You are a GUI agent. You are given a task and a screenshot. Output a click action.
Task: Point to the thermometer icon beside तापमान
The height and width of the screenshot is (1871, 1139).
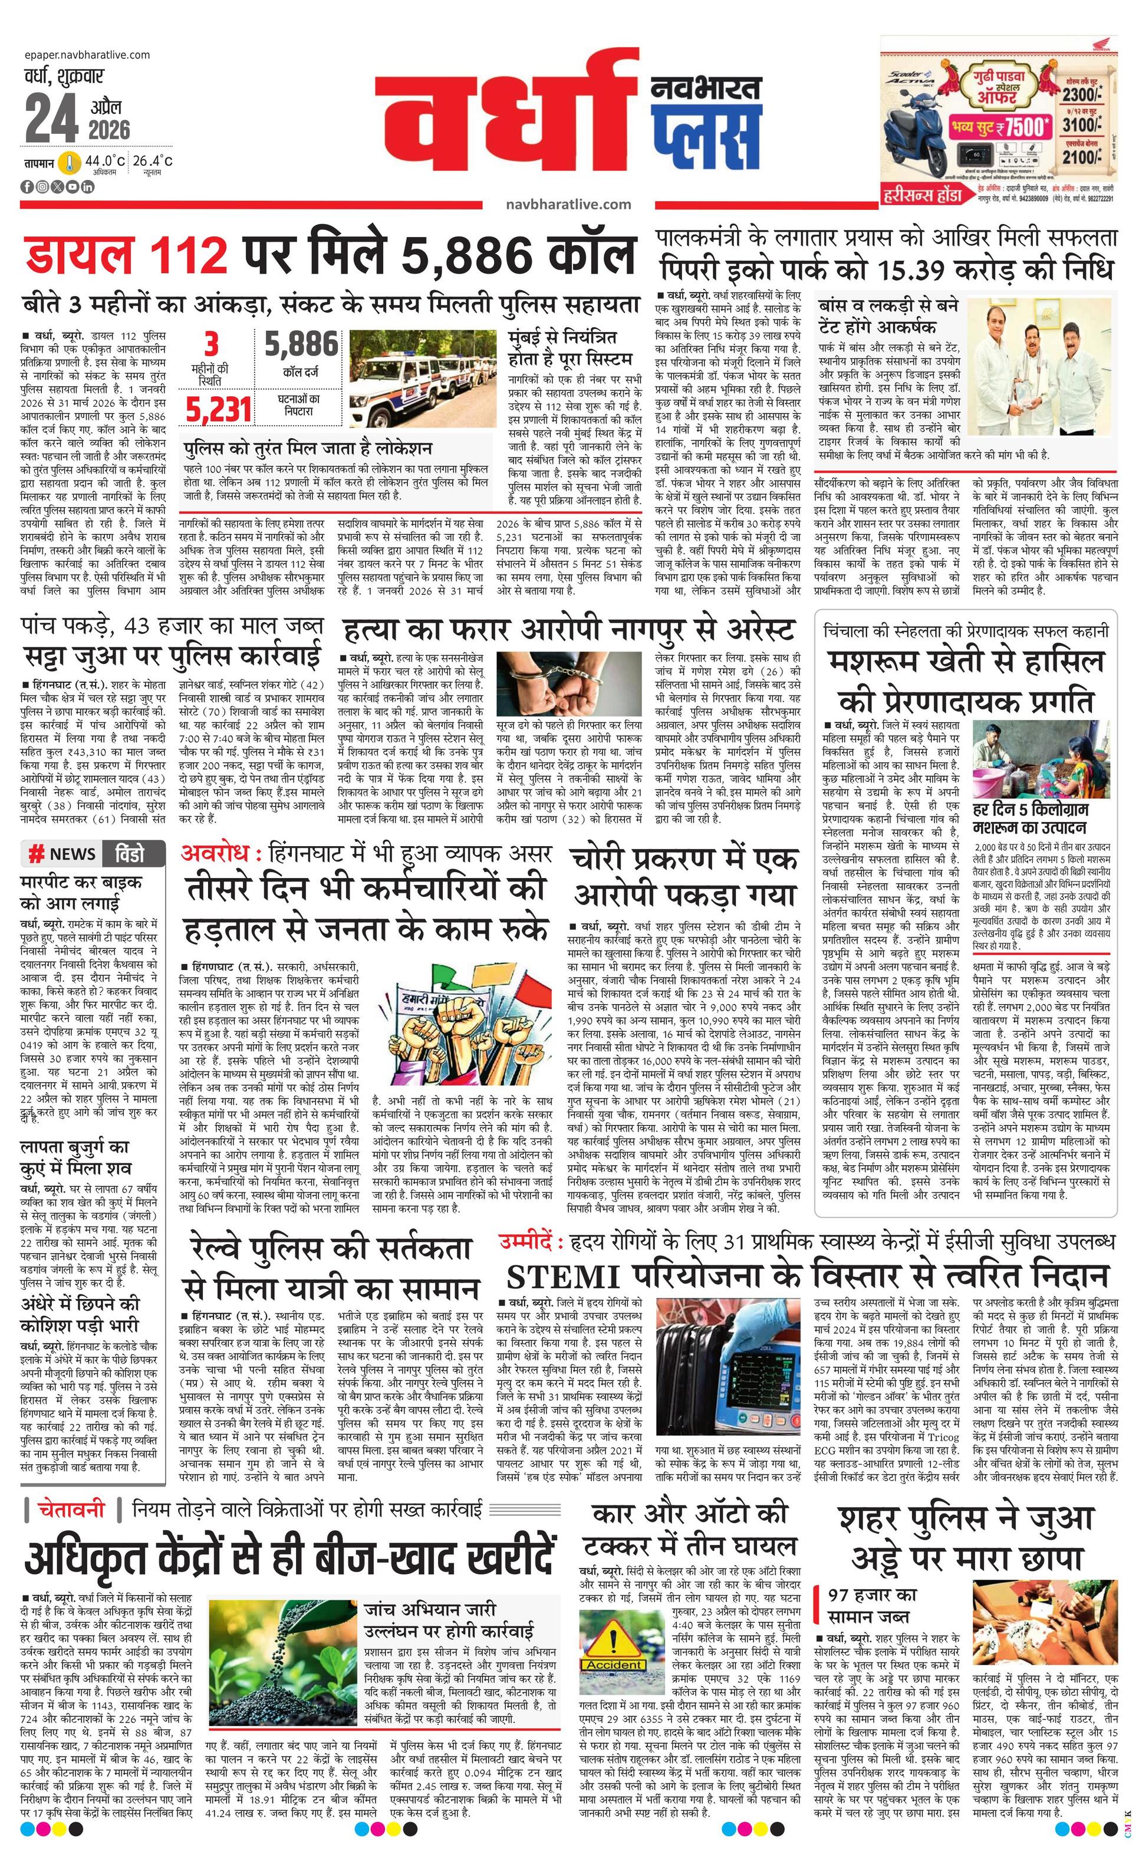71,163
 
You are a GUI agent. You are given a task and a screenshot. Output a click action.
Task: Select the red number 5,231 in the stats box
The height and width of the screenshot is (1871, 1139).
219,409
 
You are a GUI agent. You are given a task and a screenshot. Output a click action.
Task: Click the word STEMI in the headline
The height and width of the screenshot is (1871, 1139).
562,1277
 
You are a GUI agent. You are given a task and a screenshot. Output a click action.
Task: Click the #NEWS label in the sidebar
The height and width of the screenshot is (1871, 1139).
62,854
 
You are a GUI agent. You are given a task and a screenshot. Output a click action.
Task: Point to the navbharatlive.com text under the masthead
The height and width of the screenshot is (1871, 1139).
568,203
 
